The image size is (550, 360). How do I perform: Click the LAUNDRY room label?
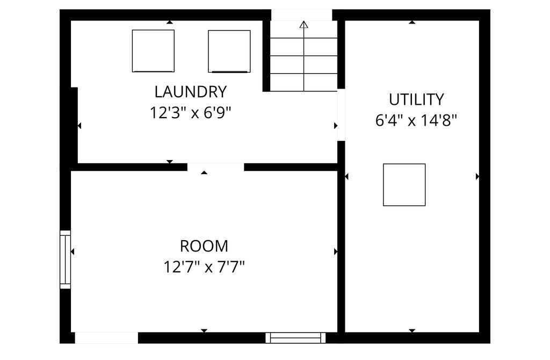[x=191, y=92]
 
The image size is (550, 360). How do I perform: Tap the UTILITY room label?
[x=416, y=99]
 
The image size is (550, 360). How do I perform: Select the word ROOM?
[x=204, y=246]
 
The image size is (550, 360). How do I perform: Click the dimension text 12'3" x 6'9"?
[x=191, y=113]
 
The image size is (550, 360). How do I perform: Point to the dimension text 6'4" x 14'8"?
[x=416, y=121]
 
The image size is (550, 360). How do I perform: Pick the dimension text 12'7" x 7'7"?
[x=204, y=267]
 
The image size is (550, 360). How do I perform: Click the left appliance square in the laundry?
[x=153, y=51]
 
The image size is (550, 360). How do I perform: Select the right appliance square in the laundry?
[x=229, y=51]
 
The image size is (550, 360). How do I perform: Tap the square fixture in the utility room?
[x=404, y=185]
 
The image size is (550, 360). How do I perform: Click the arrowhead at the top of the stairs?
[x=304, y=24]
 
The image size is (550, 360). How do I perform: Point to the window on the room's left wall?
[x=65, y=260]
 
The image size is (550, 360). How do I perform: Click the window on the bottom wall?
[x=295, y=338]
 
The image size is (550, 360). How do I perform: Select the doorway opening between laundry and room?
[x=215, y=167]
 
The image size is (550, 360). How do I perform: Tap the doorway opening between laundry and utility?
[x=341, y=115]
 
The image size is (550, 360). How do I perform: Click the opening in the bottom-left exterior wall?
[x=106, y=338]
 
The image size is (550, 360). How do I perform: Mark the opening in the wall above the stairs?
[x=302, y=15]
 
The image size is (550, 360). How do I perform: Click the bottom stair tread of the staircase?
[x=304, y=82]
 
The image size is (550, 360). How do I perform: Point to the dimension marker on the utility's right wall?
[x=477, y=176]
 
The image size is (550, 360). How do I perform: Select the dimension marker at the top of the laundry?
[x=170, y=22]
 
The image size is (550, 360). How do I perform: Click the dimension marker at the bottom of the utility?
[x=412, y=330]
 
